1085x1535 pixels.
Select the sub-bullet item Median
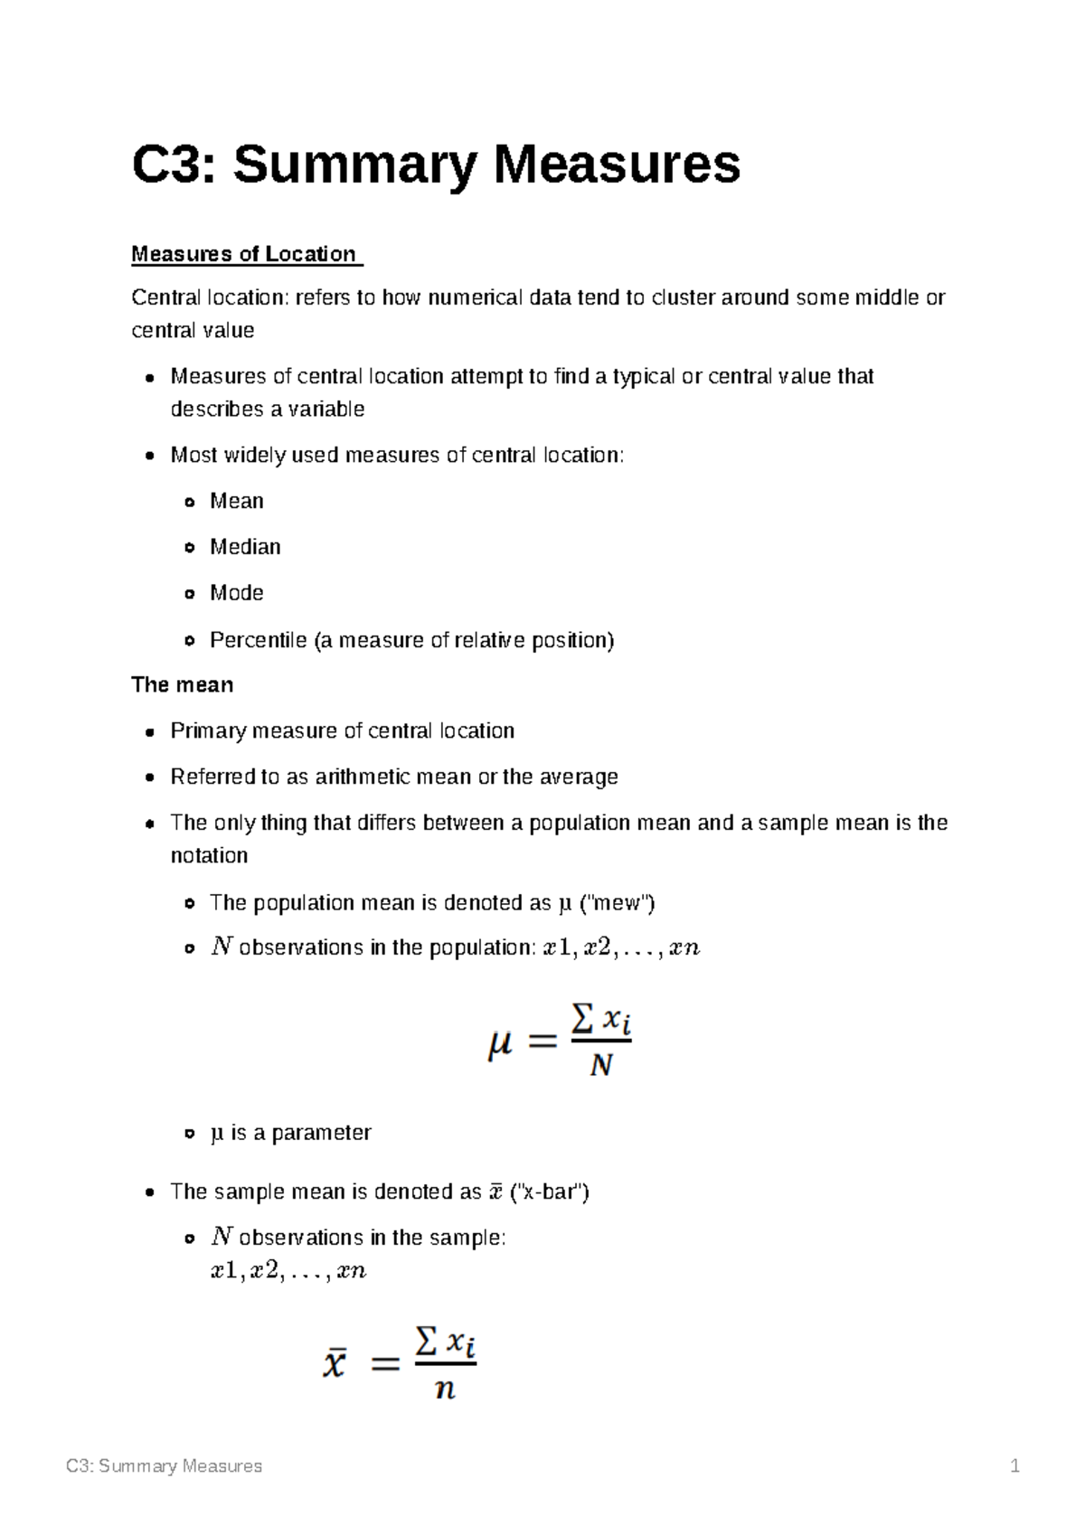coord(245,547)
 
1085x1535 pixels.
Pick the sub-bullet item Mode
coord(236,593)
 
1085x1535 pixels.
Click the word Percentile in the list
coord(258,640)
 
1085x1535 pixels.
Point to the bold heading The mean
coord(182,685)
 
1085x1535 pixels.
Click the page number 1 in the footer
coord(1014,1466)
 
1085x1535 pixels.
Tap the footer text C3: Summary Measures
coord(164,1466)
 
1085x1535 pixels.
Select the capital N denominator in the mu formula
coord(600,1067)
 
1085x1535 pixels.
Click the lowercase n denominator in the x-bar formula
coord(444,1389)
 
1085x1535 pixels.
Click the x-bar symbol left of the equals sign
coord(335,1362)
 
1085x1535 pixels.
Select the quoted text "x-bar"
coord(550,1192)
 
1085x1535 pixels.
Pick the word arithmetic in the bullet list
coord(361,777)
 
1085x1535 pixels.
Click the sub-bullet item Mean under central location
coord(236,501)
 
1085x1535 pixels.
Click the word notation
coord(209,856)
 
